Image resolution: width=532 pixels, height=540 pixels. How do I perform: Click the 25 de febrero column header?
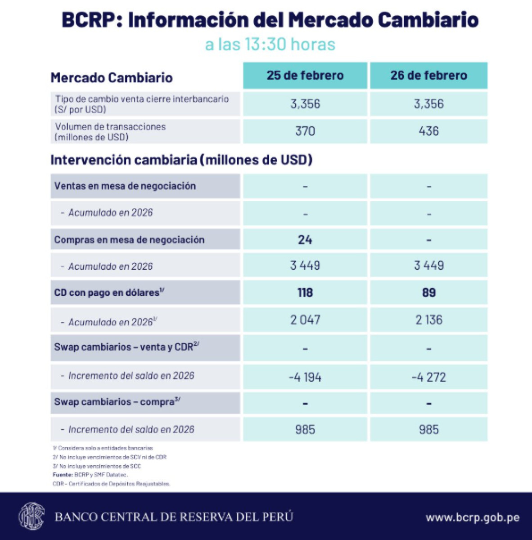305,75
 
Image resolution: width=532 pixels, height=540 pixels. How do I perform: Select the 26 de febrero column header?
428,75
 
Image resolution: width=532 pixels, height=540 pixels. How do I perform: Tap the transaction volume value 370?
305,131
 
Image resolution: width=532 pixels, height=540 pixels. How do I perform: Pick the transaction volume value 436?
428,131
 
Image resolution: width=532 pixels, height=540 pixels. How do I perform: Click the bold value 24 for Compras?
305,239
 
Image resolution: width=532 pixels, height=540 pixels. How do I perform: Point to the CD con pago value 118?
305,292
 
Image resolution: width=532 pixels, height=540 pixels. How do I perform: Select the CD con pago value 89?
428,292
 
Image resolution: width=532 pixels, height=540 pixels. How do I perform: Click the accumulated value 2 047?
305,320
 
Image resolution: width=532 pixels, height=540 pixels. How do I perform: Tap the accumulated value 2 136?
428,320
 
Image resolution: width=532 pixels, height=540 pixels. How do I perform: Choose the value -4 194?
305,377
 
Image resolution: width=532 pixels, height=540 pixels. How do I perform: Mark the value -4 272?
428,377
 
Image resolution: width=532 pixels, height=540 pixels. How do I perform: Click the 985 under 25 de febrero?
305,429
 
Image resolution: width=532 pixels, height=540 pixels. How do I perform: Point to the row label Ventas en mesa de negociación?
125,186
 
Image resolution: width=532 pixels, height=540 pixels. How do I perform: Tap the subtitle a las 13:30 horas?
270,45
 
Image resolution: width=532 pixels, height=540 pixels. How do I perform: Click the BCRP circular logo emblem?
32,516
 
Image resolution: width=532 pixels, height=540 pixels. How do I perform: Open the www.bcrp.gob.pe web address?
473,517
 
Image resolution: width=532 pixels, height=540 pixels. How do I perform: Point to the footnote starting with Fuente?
90,475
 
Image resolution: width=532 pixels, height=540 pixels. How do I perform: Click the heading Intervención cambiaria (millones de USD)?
181,160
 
